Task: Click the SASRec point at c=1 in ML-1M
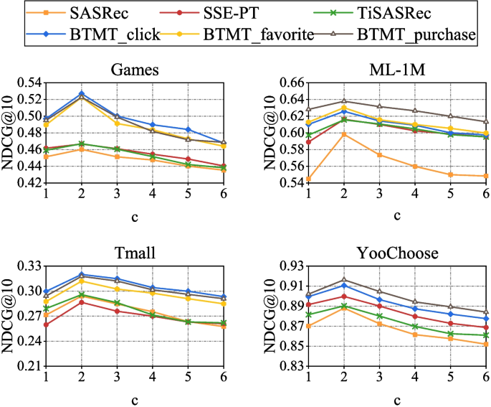click(308, 179)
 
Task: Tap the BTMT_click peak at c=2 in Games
click(82, 93)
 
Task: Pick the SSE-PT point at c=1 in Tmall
click(46, 324)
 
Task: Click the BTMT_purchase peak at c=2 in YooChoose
click(344, 280)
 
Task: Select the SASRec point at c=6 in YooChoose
click(486, 344)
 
